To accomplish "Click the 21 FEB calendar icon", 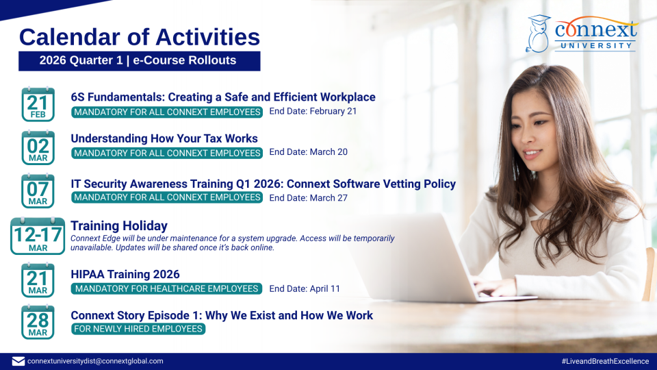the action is click(x=38, y=104).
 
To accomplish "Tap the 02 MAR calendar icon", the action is click(x=38, y=147).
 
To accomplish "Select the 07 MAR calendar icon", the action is click(x=38, y=191).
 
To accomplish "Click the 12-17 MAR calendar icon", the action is click(x=38, y=236).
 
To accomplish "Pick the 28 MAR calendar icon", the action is click(x=38, y=322).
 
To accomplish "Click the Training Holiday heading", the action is click(x=119, y=226).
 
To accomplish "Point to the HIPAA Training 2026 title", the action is click(x=125, y=274).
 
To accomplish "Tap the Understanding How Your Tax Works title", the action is click(x=164, y=139).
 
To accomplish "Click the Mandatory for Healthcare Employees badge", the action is click(x=166, y=288).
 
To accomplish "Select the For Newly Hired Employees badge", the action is click(x=138, y=329).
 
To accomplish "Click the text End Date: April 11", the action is click(x=305, y=288).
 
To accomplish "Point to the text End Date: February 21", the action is click(x=313, y=111).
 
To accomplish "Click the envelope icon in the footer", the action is click(x=18, y=361).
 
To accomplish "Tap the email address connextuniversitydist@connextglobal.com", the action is click(x=95, y=361).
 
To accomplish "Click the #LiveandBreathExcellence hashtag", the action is click(x=605, y=361).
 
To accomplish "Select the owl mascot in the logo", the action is click(x=538, y=34).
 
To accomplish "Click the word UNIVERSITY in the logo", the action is click(x=596, y=45).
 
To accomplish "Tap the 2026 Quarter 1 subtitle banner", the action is click(x=140, y=61).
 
